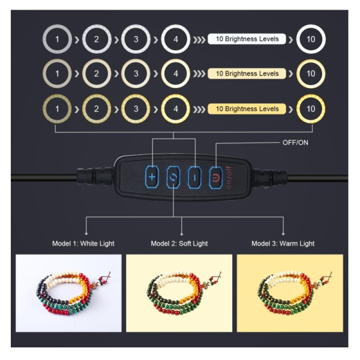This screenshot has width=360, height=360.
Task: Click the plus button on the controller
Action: pos(152,177)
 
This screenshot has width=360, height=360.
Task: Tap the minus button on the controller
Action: pos(194,178)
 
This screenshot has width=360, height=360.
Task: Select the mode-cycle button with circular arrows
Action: pos(173,177)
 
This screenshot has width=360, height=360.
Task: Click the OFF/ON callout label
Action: pos(295,143)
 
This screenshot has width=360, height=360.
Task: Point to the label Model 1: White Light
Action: pos(83,244)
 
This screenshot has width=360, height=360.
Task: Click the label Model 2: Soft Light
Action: pos(179,244)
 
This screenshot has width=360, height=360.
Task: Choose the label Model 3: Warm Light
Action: pos(283,244)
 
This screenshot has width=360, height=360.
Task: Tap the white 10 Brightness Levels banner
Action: pos(247,39)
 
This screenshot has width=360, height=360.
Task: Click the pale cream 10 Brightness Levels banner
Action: pos(247,74)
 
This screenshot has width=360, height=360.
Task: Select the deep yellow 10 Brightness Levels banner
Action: pos(247,109)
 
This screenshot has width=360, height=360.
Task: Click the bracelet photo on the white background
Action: pos(68,293)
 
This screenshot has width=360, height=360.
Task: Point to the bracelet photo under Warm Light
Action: pos(290,293)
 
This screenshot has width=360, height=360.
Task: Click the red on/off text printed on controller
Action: pos(229,178)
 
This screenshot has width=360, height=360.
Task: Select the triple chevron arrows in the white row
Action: pos(199,40)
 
